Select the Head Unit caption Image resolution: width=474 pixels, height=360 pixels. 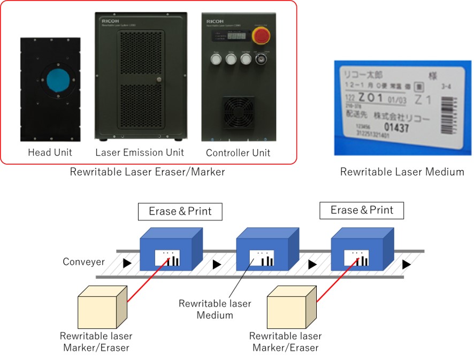(50, 152)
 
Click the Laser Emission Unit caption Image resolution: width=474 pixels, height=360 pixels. (140, 152)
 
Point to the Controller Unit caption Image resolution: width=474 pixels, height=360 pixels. (238, 153)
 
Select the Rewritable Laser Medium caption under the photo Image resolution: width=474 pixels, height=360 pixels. (402, 172)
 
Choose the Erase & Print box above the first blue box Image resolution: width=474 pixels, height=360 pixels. (180, 211)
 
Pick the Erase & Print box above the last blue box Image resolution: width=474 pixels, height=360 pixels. (362, 210)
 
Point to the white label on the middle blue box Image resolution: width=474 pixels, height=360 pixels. (263, 257)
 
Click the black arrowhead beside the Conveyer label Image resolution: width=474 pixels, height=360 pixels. (126, 263)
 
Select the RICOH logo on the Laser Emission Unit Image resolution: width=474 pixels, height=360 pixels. (110, 23)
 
